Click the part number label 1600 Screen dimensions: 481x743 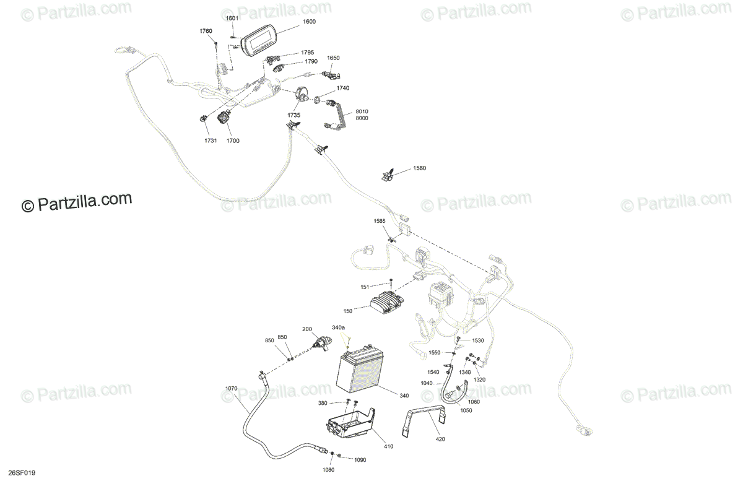tap(310, 22)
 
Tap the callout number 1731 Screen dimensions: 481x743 tap(211, 141)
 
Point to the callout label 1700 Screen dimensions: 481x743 tap(233, 141)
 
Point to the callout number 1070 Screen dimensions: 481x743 tap(231, 389)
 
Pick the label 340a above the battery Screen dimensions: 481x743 tap(338, 327)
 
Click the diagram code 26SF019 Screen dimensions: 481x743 tap(19, 473)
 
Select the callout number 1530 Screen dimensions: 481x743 tap(478, 340)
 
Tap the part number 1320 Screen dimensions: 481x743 tap(480, 379)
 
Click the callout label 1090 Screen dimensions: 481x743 tap(360, 459)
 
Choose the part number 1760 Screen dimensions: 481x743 tap(206, 31)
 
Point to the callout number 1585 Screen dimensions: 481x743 tap(379, 221)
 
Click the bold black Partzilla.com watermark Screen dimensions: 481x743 tap(77, 202)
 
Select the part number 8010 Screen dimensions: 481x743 tap(362, 111)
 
